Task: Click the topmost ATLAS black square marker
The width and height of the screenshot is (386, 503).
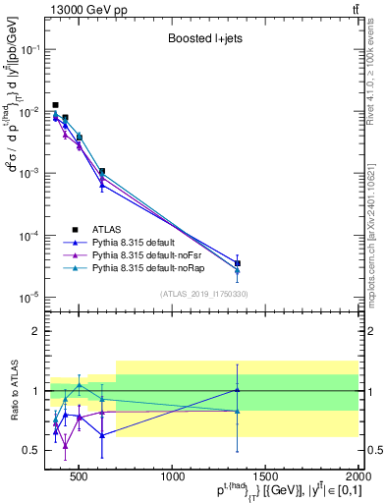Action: [x=55, y=105]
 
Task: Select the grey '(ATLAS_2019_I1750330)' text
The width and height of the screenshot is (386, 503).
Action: [x=203, y=293]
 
